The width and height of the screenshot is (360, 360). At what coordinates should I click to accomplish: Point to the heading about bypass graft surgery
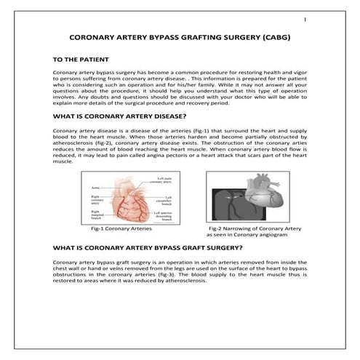(x=138, y=247)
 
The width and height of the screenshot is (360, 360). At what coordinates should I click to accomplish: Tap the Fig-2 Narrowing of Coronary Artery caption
(x=244, y=228)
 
